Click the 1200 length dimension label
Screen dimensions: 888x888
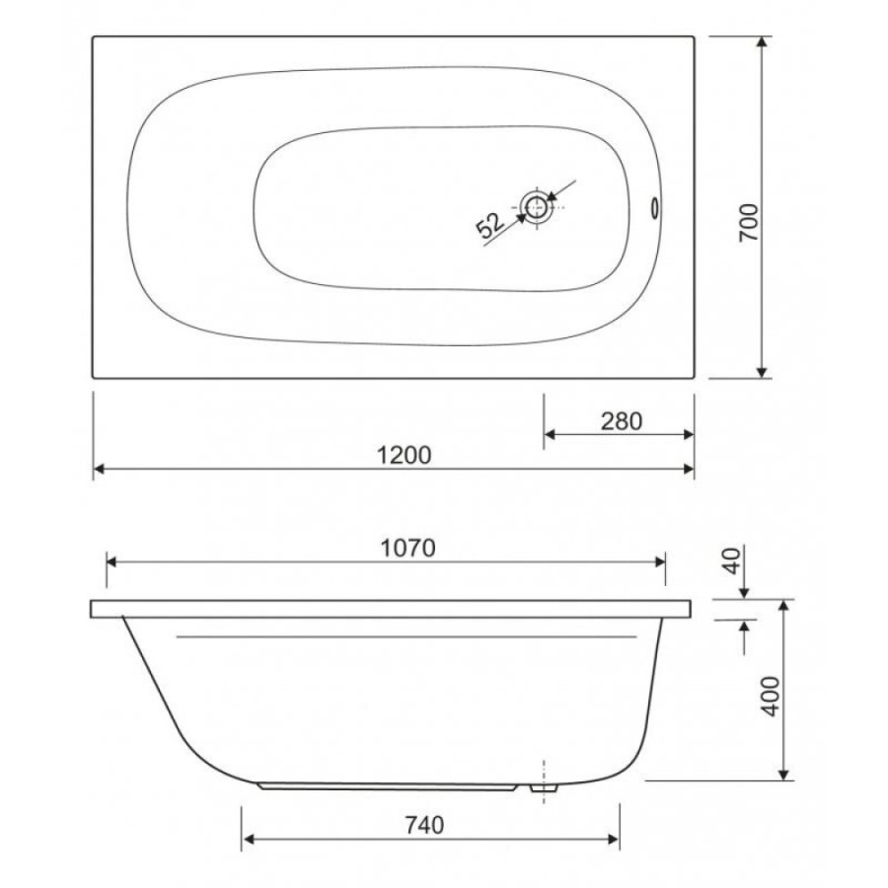(404, 455)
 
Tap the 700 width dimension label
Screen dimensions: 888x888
(749, 223)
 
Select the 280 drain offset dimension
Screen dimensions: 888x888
(622, 421)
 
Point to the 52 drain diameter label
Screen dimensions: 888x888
(489, 225)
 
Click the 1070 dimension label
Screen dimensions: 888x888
(407, 549)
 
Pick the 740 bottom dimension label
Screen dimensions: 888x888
(424, 825)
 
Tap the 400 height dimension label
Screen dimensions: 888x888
(772, 697)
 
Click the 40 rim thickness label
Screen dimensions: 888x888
(732, 560)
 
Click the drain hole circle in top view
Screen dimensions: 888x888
(536, 207)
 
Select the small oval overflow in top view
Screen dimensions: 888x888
(655, 207)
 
